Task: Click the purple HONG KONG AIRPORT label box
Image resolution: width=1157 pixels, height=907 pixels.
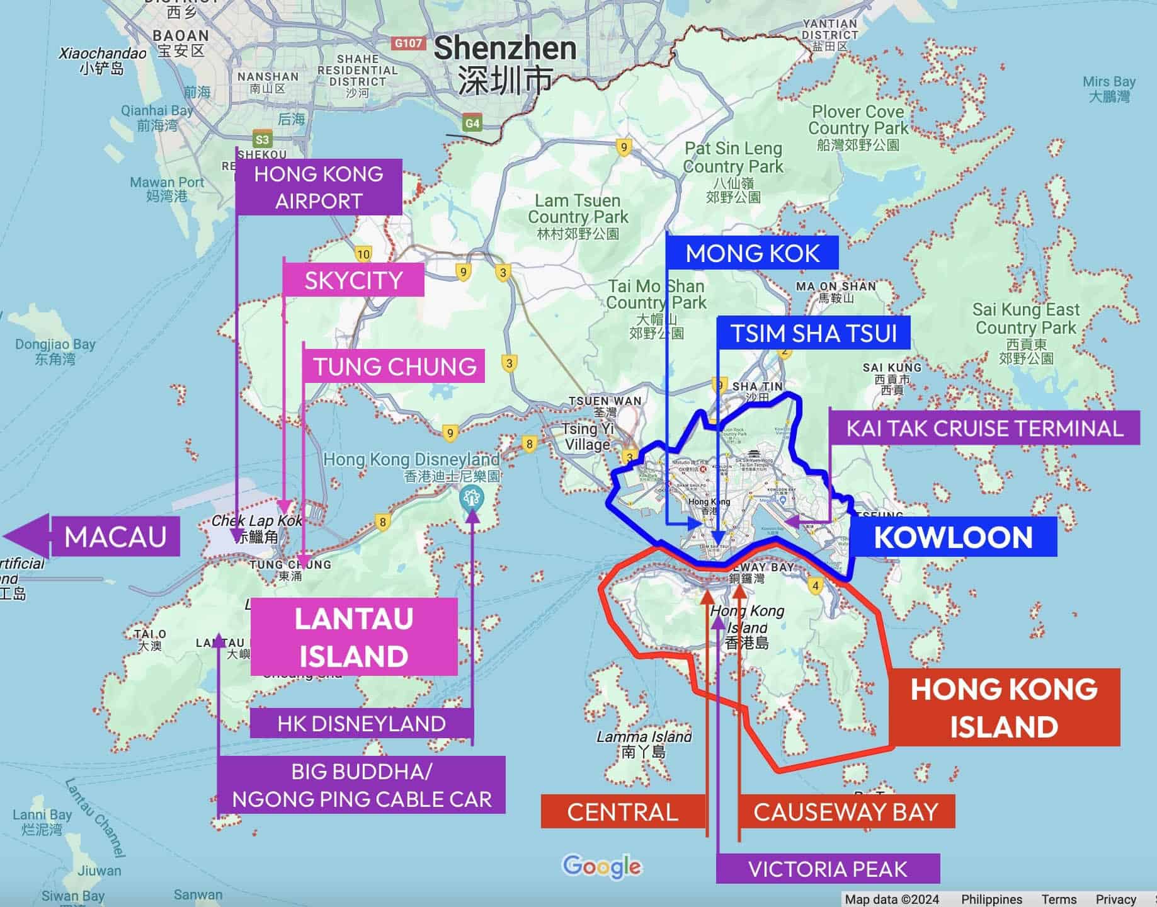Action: coord(319,187)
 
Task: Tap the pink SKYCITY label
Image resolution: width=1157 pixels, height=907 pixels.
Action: coord(353,280)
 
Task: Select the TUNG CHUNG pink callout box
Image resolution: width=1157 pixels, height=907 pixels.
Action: coord(394,366)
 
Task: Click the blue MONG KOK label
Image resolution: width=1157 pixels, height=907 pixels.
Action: coord(752,253)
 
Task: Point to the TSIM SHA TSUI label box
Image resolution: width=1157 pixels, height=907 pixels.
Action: coord(814,333)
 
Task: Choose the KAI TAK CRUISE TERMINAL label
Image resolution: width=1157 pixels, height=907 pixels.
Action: coord(984,428)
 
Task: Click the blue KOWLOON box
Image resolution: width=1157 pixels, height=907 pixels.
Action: coord(953,537)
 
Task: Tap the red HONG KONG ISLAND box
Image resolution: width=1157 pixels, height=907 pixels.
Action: coord(1004,707)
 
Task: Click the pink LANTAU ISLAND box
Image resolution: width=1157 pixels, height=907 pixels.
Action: coord(354,637)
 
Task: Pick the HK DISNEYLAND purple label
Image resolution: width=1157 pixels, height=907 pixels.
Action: coord(362,723)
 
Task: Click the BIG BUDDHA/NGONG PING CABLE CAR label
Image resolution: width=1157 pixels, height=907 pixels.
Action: coord(362,785)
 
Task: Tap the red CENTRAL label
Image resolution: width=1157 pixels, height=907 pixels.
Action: coord(622,811)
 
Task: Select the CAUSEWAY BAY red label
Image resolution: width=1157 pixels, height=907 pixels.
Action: coord(846,811)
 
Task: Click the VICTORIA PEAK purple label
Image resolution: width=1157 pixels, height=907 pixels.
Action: coord(828,869)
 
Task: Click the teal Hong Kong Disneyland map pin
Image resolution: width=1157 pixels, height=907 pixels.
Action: coord(470,499)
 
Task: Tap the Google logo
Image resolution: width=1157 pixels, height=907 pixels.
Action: coord(601,867)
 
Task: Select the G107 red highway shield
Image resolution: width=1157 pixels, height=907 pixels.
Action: coord(408,43)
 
